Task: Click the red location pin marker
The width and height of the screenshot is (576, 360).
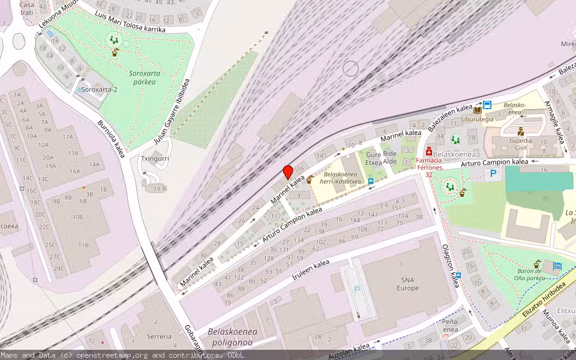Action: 288,172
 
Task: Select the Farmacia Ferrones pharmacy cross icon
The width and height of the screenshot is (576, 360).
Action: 428,151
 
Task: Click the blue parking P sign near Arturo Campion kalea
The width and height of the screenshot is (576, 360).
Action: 493,173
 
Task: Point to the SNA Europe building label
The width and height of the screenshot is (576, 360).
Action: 407,283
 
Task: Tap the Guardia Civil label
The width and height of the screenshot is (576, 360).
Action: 521,143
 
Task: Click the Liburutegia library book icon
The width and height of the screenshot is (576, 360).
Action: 478,110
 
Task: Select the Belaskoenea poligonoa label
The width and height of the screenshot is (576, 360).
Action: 232,337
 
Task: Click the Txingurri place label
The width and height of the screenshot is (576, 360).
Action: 155,160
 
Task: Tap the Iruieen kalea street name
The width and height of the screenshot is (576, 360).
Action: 311,272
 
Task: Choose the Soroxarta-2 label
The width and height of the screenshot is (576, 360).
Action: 100,89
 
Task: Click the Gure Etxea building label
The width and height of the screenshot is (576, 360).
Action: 374,158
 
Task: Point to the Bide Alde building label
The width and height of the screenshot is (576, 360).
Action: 391,157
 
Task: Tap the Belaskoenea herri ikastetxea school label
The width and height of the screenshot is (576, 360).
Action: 340,178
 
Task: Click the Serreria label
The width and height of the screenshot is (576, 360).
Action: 159,337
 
